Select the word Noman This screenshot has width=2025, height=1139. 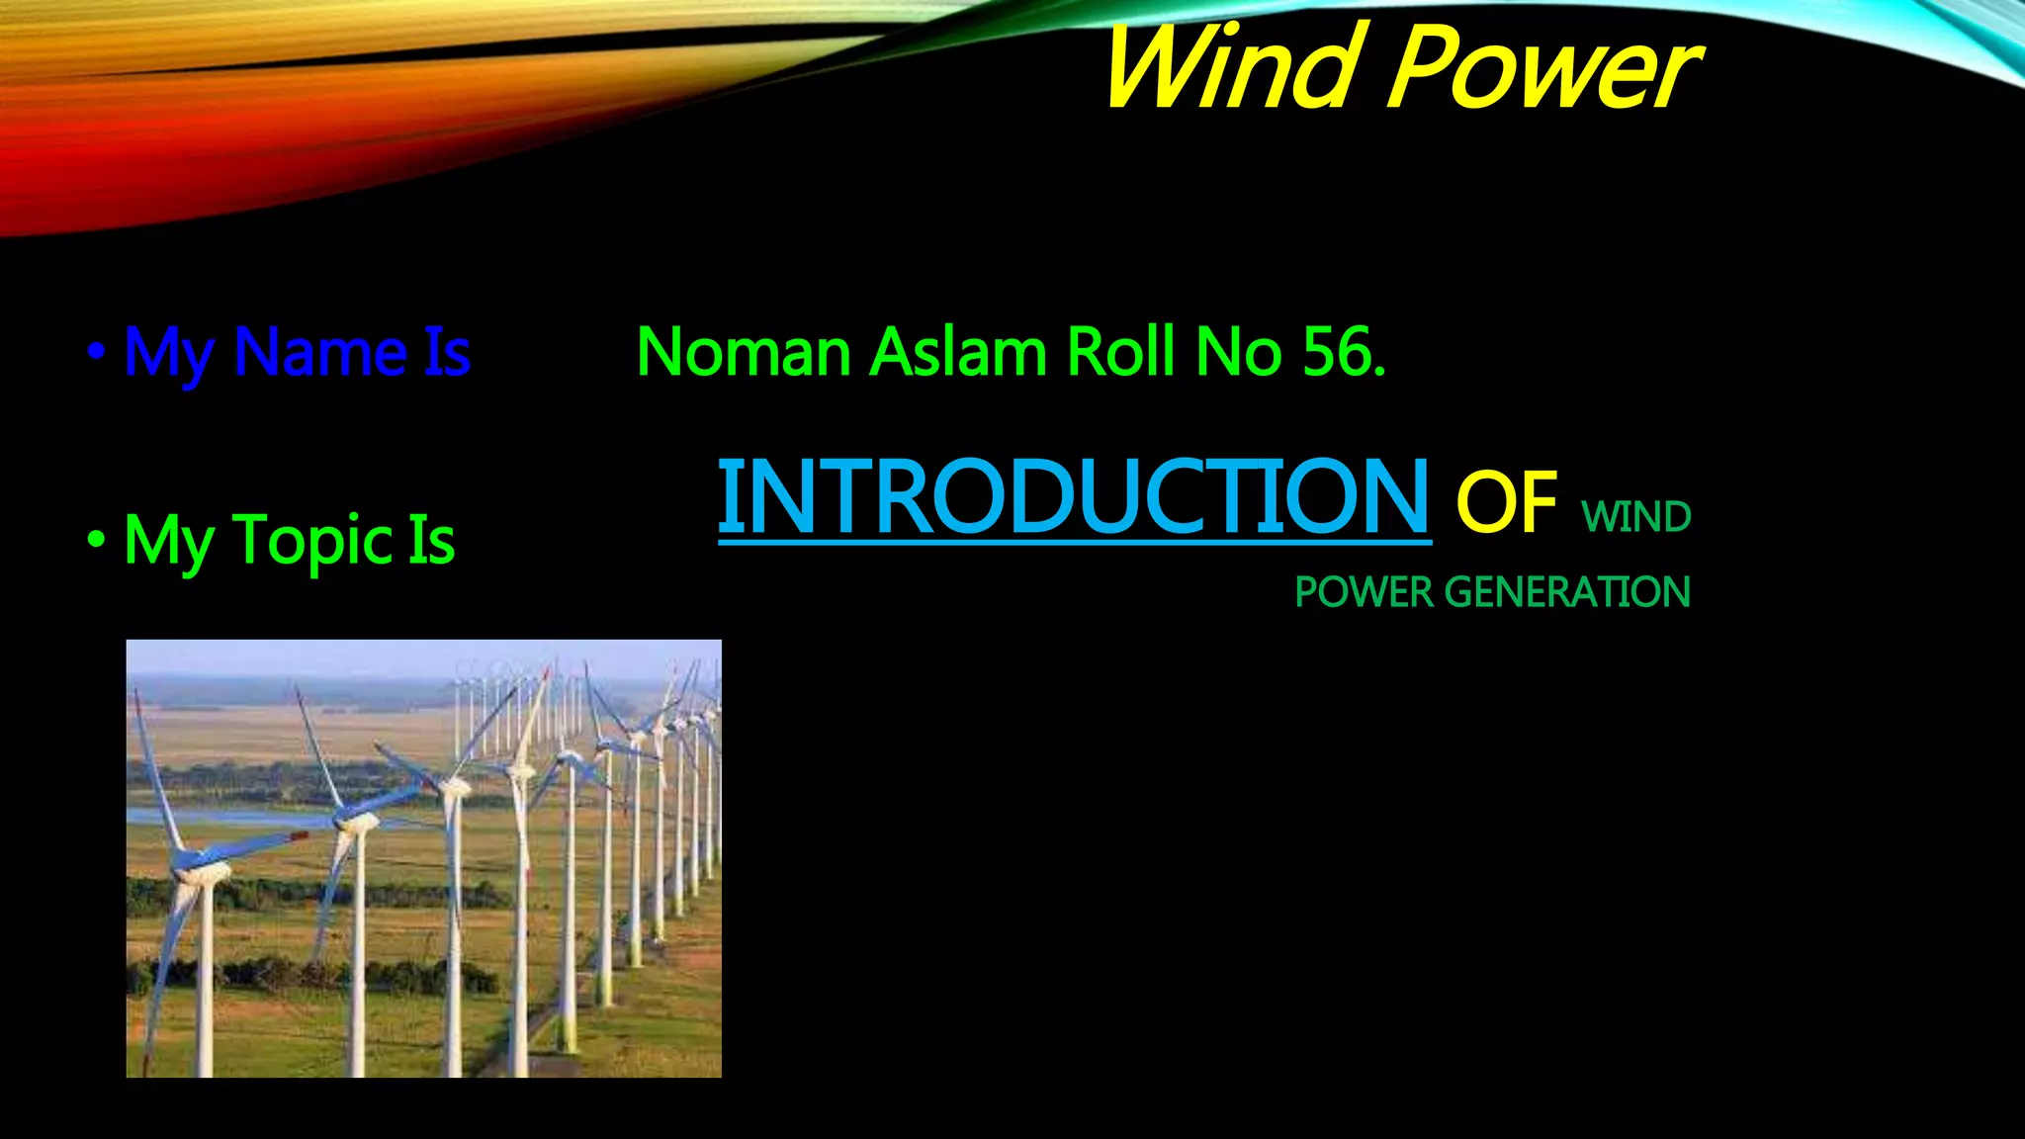(x=744, y=352)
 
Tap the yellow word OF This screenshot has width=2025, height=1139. (x=1506, y=502)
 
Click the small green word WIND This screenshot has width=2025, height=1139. (x=1636, y=517)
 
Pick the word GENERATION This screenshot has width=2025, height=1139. (x=1567, y=592)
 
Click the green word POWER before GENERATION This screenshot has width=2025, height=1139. (x=1364, y=592)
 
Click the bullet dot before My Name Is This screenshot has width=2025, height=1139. (x=96, y=351)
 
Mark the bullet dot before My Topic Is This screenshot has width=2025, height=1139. (x=96, y=540)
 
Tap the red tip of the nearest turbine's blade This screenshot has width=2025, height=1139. (x=299, y=836)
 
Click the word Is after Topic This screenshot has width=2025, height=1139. (x=431, y=541)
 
